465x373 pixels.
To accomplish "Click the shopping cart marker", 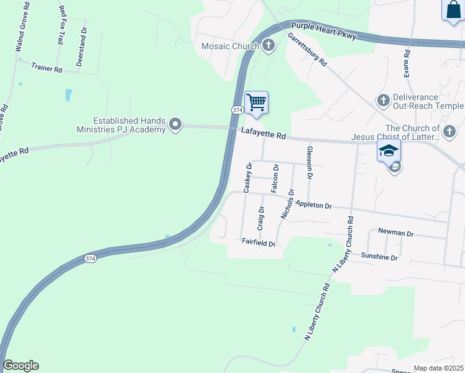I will [x=256, y=103].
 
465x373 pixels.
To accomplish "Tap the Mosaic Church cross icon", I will [x=269, y=45].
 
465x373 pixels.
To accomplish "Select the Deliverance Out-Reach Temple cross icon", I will [x=383, y=100].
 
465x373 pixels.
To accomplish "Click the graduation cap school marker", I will [x=389, y=151].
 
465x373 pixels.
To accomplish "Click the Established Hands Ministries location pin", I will [x=176, y=125].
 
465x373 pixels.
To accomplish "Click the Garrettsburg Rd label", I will [x=307, y=50].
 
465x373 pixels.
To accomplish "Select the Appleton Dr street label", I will [x=314, y=205].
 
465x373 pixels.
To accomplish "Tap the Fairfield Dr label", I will [x=258, y=243].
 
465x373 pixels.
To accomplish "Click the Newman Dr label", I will [x=395, y=234].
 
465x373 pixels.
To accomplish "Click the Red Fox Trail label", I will [x=61, y=25].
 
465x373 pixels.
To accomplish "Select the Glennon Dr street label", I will [x=309, y=163].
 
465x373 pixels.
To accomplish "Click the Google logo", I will [x=21, y=366].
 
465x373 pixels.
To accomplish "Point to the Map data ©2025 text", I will [x=438, y=368].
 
